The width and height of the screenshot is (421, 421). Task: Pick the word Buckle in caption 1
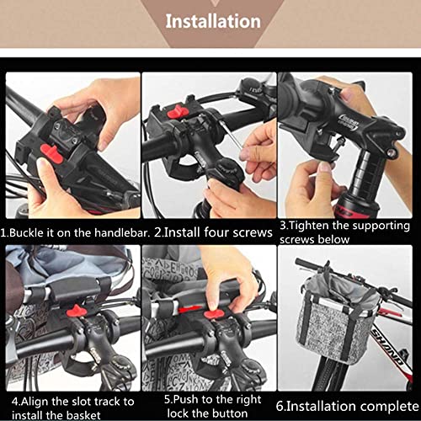coord(26,230)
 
